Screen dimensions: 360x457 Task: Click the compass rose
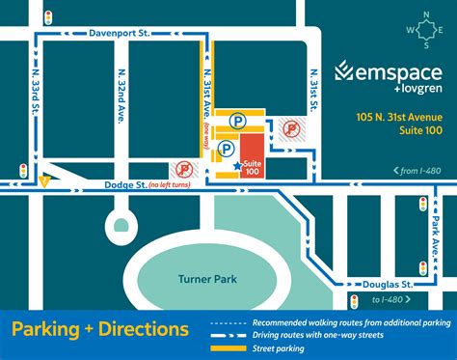click(x=424, y=29)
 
